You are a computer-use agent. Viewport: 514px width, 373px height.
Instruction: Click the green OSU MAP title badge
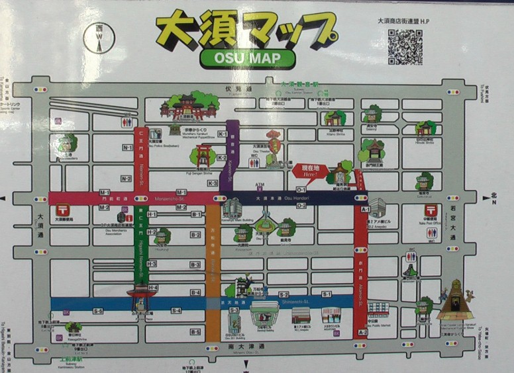247,58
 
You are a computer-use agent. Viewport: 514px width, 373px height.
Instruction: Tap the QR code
405,46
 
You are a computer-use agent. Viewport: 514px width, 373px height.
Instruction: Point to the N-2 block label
126,179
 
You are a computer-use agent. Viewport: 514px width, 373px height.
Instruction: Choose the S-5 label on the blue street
99,310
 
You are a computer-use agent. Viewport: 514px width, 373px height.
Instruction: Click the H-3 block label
152,264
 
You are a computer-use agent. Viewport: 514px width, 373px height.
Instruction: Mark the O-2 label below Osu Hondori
301,206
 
